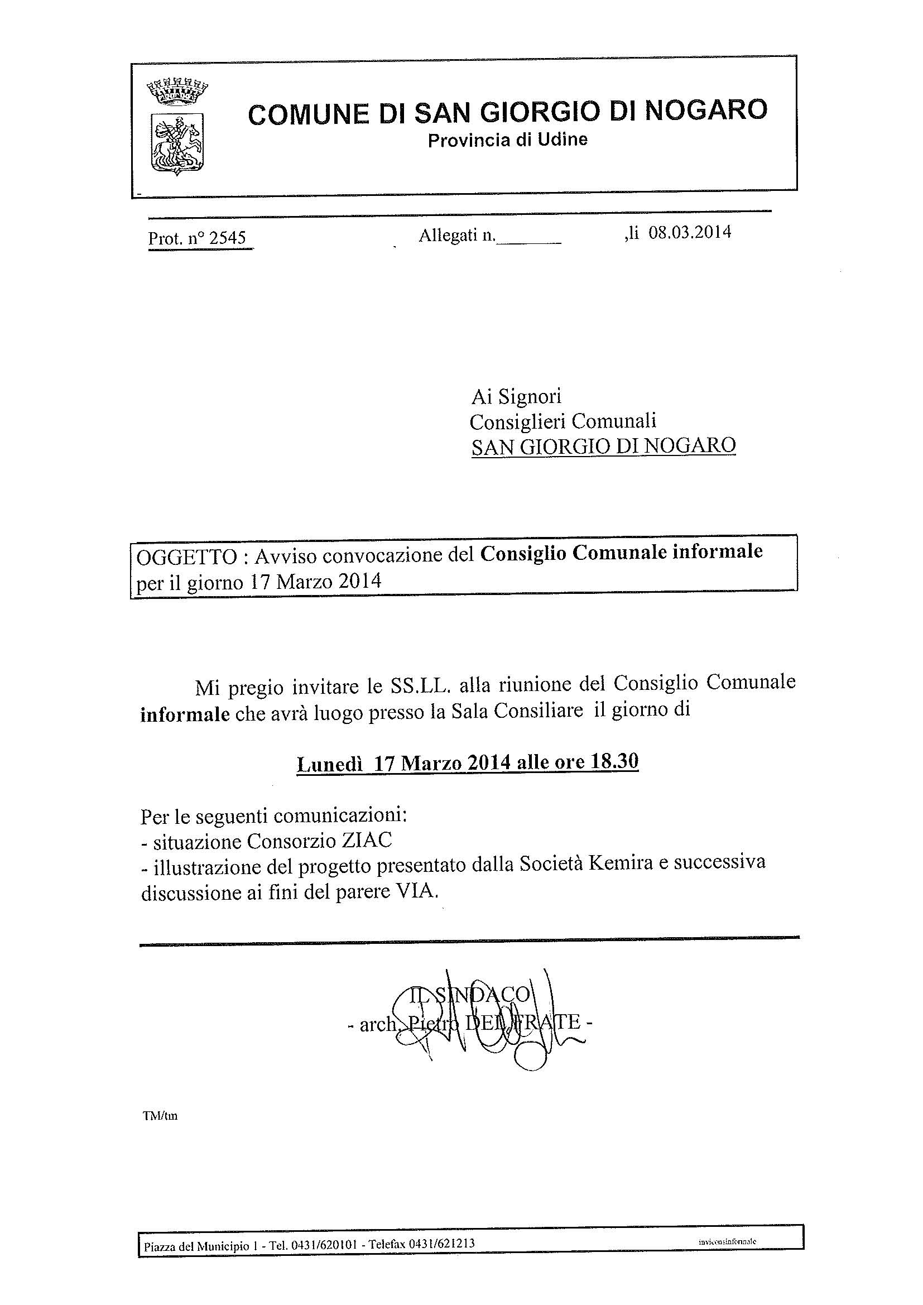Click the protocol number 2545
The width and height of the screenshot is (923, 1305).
[227, 238]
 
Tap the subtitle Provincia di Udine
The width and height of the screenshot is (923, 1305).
[507, 140]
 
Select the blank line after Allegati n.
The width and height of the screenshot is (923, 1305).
[528, 239]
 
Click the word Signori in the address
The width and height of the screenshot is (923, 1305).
[530, 396]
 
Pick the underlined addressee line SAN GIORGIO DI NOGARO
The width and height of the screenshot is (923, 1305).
[604, 446]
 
